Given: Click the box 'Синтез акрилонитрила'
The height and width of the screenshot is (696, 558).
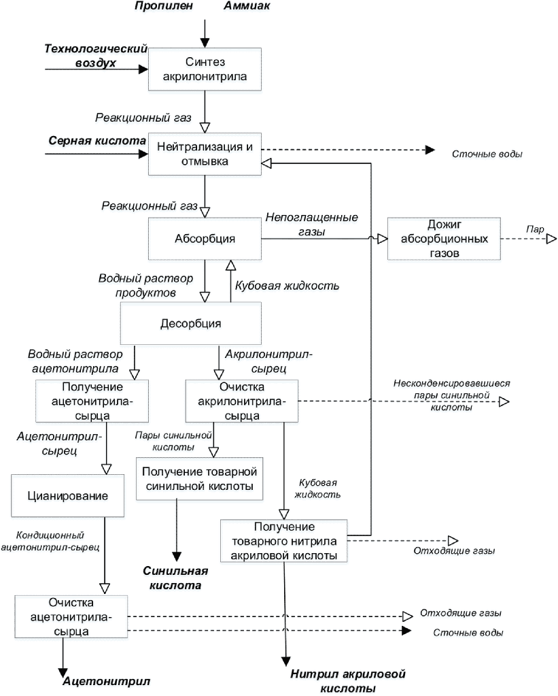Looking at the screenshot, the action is click(205, 69).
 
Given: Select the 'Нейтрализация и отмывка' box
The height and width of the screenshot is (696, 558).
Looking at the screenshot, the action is click(205, 154).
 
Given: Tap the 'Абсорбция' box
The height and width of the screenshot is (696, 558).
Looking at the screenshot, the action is click(205, 239).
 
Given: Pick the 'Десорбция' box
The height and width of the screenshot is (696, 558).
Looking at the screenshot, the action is click(191, 324).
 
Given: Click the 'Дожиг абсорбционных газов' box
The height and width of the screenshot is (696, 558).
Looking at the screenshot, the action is click(444, 239).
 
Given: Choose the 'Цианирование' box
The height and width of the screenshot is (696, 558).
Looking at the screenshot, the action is click(67, 496).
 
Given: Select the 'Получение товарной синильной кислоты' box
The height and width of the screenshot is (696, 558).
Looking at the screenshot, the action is click(200, 479).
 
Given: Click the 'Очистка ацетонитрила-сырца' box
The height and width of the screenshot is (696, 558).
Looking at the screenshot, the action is click(71, 617).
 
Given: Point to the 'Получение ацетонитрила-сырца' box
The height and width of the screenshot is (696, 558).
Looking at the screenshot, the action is click(92, 401).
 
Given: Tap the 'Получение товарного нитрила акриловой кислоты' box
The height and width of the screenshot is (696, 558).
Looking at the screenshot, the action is click(284, 541).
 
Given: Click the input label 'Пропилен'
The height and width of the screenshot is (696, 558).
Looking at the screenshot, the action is click(164, 5).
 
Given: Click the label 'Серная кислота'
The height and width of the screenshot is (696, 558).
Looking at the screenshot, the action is click(97, 141).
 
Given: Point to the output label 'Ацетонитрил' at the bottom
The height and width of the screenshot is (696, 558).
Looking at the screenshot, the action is click(107, 681).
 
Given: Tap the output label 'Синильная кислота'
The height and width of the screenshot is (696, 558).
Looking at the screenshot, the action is click(175, 578).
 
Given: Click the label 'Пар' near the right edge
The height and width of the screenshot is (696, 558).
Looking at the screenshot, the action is click(535, 229).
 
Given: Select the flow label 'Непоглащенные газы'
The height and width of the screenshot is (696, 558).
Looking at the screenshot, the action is click(312, 224).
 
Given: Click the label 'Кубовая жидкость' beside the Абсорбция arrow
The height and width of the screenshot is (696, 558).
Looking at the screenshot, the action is click(287, 286).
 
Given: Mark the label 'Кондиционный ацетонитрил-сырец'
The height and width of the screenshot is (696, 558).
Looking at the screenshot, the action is click(50, 541).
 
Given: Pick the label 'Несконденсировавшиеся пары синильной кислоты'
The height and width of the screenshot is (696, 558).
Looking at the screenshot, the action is click(451, 395).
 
